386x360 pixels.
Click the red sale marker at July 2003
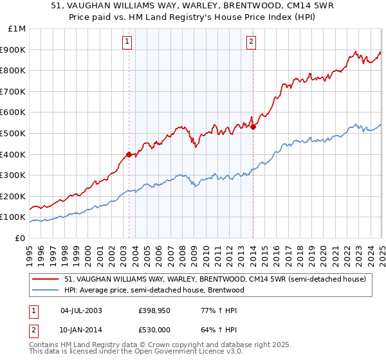129,154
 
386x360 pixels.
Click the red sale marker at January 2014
253,127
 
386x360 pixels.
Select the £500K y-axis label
13,133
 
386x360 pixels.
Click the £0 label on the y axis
19,238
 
